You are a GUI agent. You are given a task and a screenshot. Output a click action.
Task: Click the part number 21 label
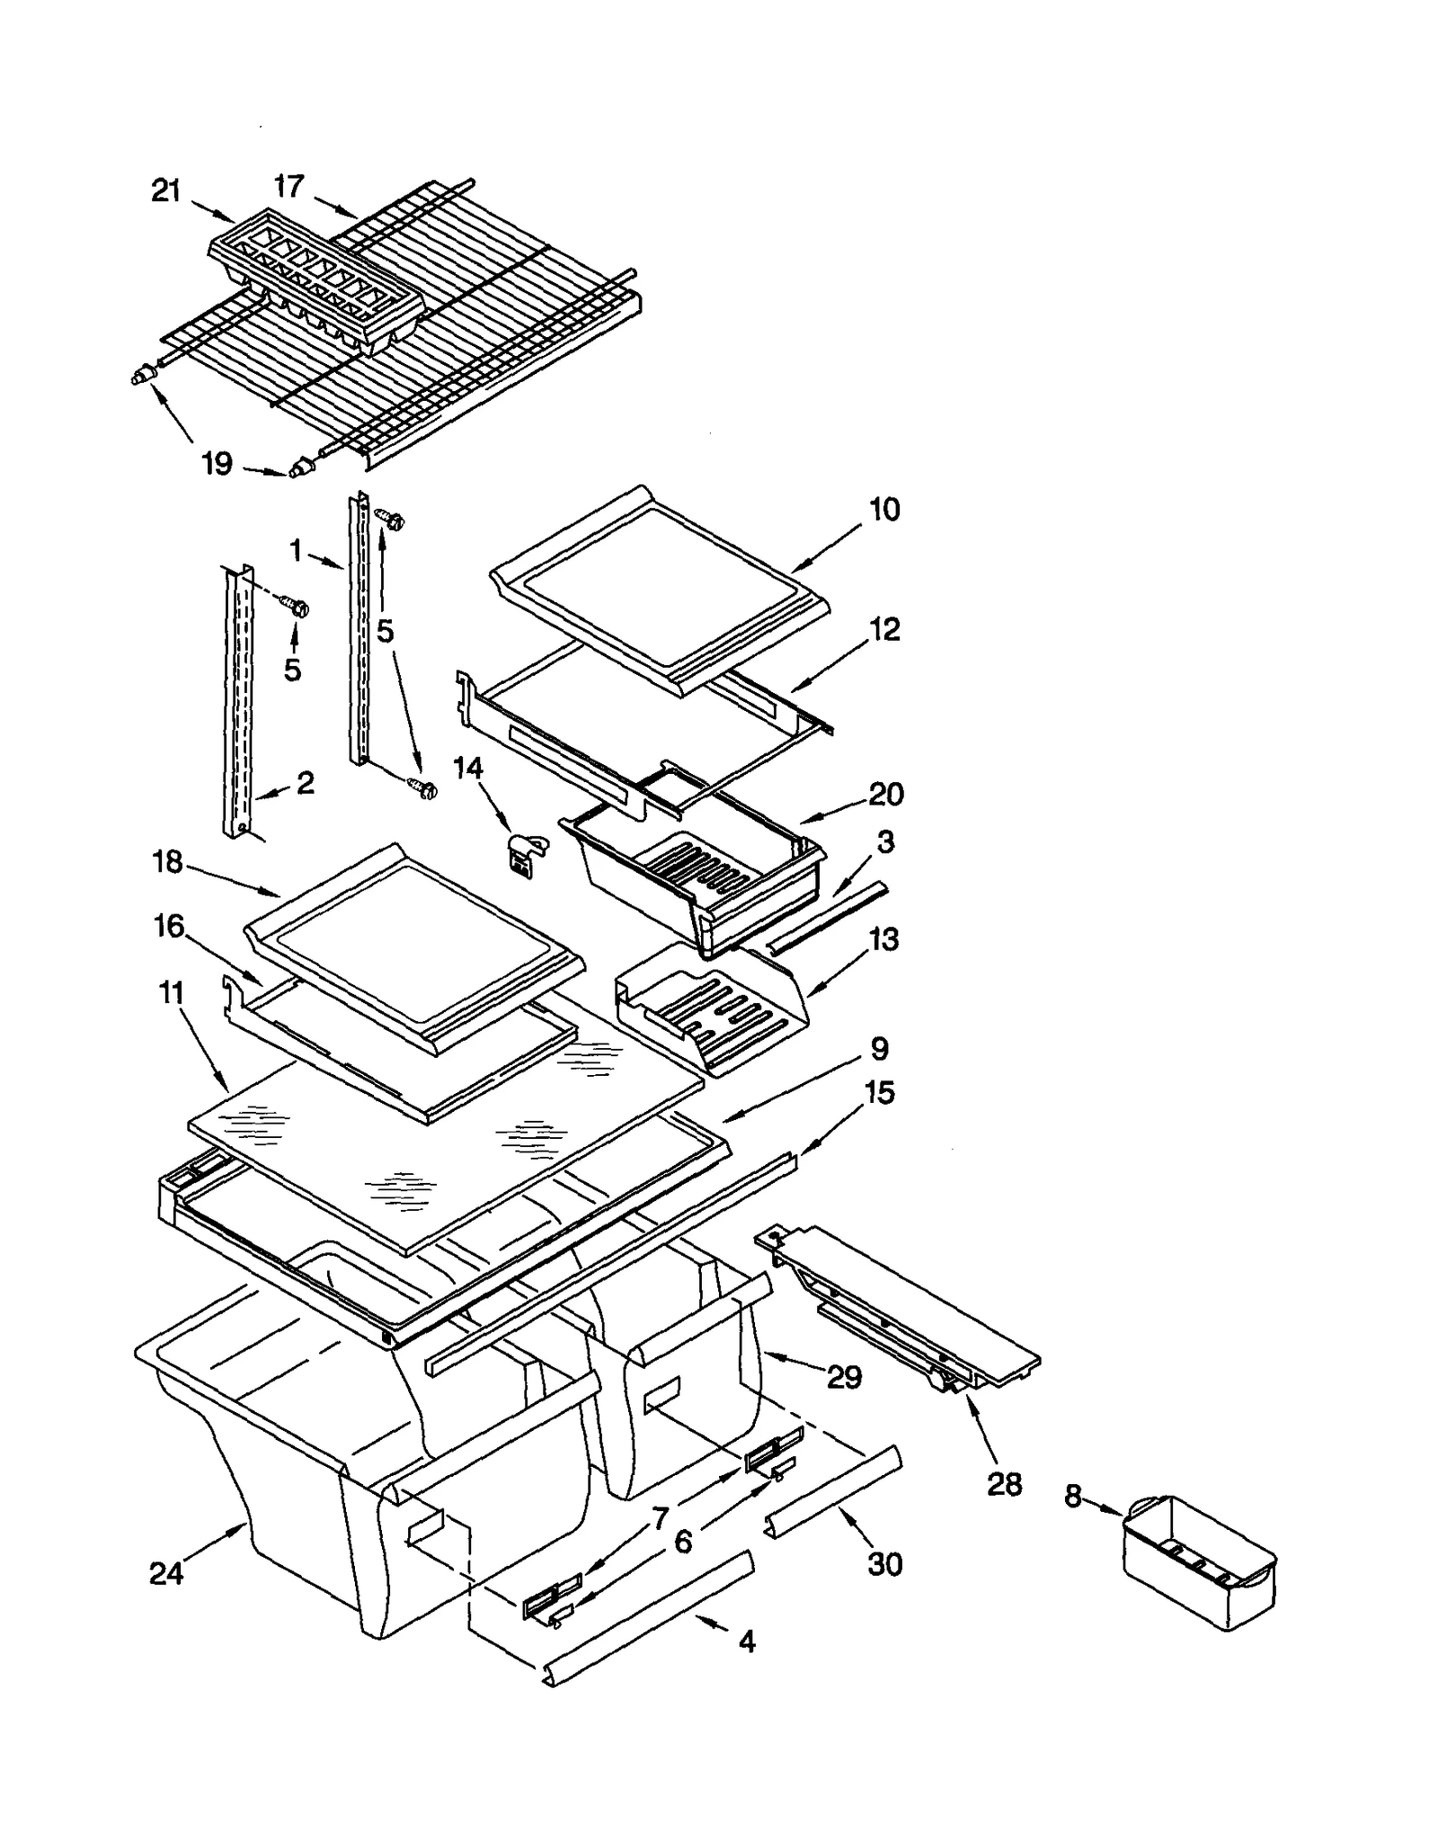[x=166, y=191]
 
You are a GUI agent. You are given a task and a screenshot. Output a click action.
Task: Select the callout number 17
[x=289, y=186]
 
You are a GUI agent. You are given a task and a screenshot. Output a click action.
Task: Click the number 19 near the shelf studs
[x=217, y=464]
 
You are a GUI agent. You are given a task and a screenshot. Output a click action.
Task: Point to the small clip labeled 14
[x=520, y=852]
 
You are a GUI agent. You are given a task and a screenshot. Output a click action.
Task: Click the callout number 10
[x=884, y=510]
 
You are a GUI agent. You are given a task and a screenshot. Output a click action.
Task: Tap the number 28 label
[x=1004, y=1484]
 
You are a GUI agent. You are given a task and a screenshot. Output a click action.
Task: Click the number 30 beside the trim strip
[x=884, y=1564]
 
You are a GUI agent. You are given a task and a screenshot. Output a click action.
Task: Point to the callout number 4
[x=747, y=1641]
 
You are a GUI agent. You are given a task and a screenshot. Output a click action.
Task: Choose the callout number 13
[x=883, y=939]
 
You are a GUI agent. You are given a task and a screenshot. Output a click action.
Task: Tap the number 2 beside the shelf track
[x=306, y=783]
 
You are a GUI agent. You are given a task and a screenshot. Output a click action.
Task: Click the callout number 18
[x=168, y=862]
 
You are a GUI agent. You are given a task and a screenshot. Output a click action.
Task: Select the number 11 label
[x=171, y=993]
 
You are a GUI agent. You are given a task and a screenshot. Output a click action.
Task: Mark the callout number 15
[x=880, y=1092]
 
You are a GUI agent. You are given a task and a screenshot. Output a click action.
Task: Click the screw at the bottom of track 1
[x=423, y=788]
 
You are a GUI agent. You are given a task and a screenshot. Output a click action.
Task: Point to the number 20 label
[x=885, y=794]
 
